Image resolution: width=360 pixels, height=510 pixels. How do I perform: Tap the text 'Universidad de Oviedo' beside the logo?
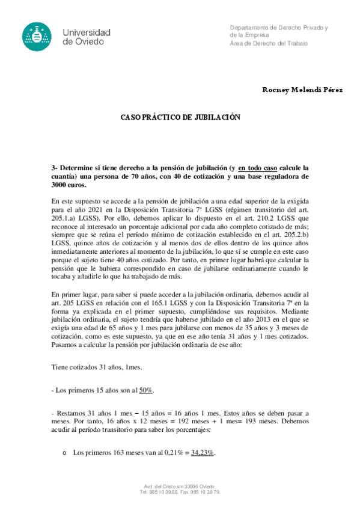pyautogui.click(x=87, y=37)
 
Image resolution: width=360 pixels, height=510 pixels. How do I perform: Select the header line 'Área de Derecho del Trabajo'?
pyautogui.click(x=268, y=44)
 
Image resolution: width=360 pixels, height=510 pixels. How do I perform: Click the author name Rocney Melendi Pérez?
pyautogui.click(x=302, y=90)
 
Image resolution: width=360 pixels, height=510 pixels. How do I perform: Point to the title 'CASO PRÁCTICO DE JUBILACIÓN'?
pyautogui.click(x=180, y=117)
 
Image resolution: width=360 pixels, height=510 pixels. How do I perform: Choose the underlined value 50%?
pyautogui.click(x=146, y=390)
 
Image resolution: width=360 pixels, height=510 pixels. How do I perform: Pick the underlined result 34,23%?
pyautogui.click(x=203, y=452)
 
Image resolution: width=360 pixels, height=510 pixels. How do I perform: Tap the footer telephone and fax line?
pyautogui.click(x=180, y=491)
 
